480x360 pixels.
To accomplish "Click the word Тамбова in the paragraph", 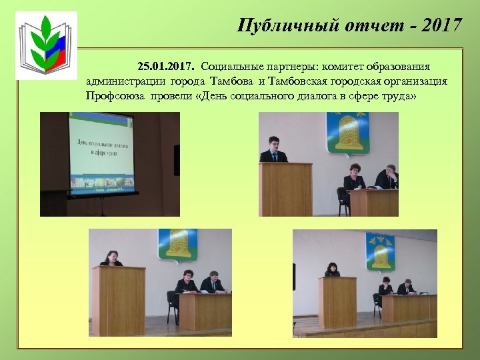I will (x=233, y=81).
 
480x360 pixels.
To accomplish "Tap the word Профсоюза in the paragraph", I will (x=113, y=95).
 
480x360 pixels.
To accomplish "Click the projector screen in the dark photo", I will (x=101, y=155).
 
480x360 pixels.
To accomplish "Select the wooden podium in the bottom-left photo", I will (x=118, y=299).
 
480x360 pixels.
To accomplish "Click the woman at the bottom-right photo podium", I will (x=331, y=270).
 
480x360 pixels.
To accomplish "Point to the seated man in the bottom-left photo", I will (x=212, y=283).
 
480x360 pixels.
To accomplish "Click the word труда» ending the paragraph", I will (x=398, y=95).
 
